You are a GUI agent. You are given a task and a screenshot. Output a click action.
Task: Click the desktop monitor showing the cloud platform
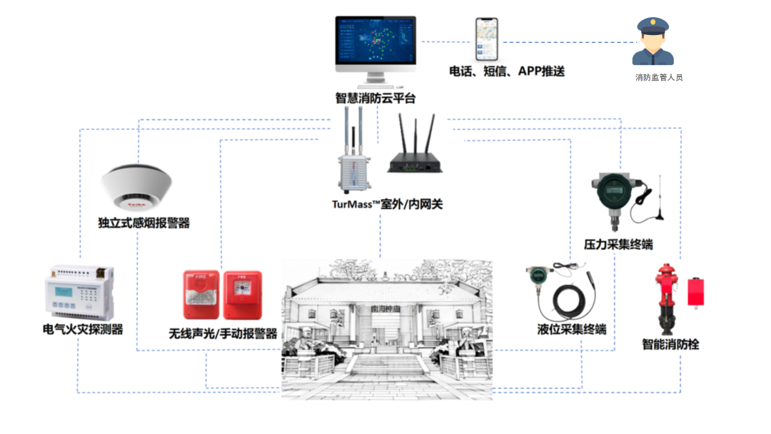376,44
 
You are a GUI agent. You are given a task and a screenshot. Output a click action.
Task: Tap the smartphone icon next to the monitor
487,40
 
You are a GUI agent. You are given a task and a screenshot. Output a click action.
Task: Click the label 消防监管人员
659,77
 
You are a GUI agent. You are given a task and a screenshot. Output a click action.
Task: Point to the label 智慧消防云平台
376,99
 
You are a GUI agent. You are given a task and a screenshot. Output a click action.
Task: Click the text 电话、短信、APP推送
507,71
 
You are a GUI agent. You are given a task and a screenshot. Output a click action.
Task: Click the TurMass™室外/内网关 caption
388,205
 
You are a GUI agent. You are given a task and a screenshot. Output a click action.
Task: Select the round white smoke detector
136,188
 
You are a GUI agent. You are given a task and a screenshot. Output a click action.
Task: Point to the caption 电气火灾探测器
82,330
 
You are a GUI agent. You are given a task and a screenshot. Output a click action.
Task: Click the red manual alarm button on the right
243,295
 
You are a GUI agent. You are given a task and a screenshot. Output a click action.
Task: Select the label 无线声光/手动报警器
223,333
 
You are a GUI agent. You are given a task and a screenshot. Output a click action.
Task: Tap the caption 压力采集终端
618,245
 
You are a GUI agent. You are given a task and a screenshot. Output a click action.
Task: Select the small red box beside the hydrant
696,291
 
